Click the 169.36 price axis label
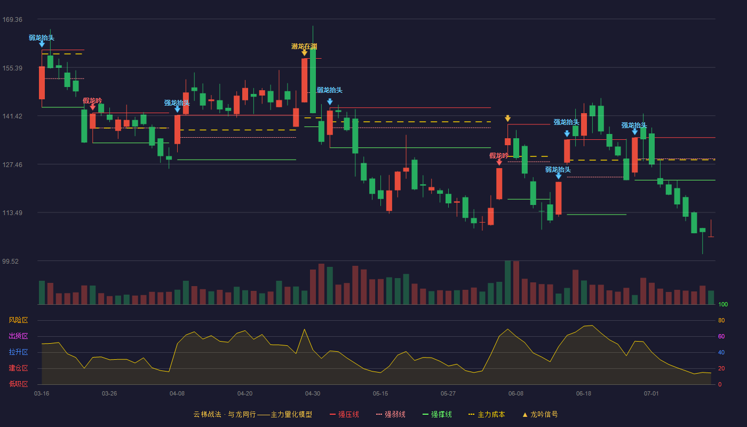(12, 20)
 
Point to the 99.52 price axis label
(10, 261)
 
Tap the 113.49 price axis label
(12, 213)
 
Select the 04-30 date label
(313, 394)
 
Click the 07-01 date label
(651, 394)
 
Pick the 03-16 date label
(42, 394)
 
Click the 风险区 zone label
(18, 320)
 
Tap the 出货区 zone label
(18, 336)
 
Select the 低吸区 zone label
(18, 384)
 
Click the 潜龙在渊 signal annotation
(304, 46)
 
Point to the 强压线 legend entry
(344, 414)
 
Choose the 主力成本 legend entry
(487, 414)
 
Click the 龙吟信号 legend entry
(540, 414)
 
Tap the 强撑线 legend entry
(437, 414)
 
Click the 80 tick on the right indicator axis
(721, 320)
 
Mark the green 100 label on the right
(723, 304)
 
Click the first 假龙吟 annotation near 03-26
(92, 101)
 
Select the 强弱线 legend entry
(391, 414)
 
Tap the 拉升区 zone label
(18, 352)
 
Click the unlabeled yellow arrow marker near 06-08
(507, 118)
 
